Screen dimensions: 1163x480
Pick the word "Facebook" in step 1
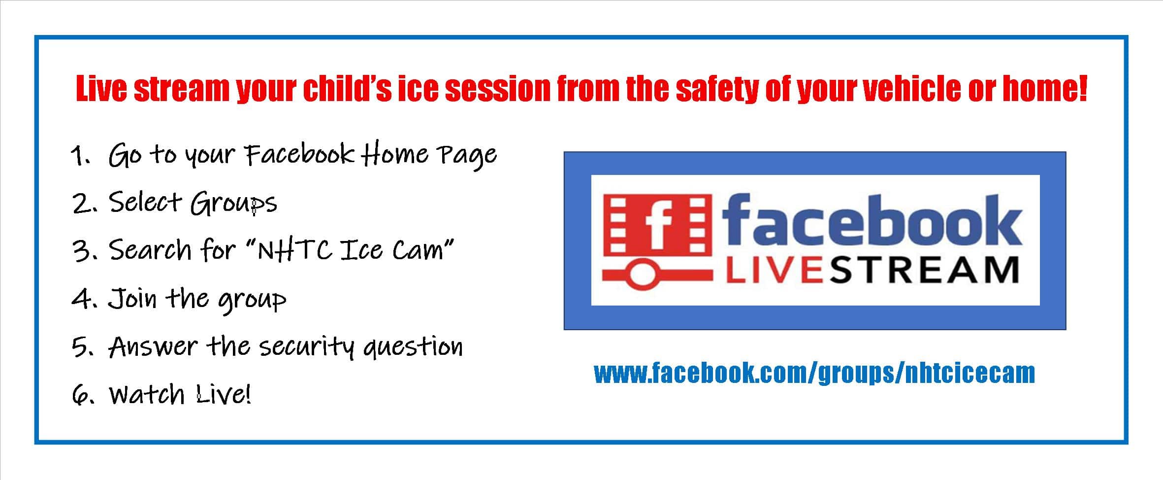(299, 154)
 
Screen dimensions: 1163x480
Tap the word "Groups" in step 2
(234, 204)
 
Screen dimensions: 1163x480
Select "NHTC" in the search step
(295, 250)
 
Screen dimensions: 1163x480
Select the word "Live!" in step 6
(224, 394)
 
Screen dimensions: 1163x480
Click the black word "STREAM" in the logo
(924, 270)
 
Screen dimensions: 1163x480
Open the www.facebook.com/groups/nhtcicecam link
(814, 373)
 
